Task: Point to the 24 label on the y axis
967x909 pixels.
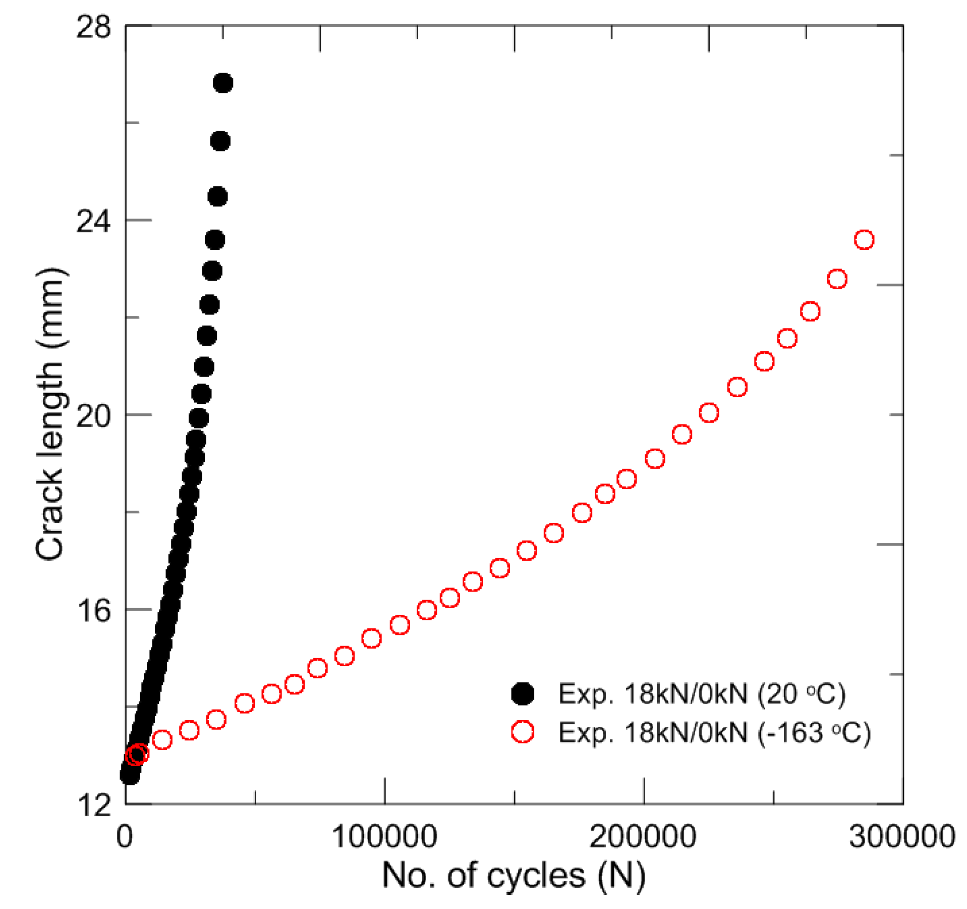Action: (93, 221)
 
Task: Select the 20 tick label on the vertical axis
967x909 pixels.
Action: (93, 416)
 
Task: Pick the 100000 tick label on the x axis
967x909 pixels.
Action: (384, 837)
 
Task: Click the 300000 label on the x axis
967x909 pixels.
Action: (902, 837)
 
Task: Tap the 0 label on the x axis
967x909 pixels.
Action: (125, 837)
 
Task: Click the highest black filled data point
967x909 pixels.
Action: (223, 83)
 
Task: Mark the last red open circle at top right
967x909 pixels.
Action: (864, 240)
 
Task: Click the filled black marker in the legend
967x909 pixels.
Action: (523, 693)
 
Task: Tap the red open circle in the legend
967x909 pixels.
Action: (523, 732)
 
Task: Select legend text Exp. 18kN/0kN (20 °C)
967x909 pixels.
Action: (701, 693)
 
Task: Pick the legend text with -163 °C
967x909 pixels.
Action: (714, 732)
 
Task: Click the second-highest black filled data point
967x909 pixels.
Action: (220, 141)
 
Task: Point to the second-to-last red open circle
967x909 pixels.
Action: (837, 279)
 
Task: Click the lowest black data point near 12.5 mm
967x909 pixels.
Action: (130, 775)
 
